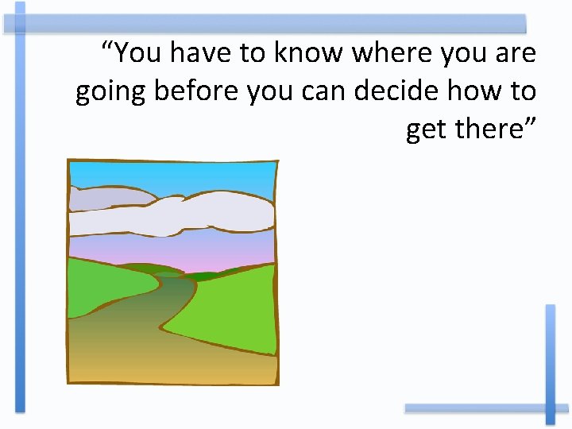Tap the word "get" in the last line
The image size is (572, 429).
(425, 129)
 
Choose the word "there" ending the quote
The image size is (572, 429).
(494, 128)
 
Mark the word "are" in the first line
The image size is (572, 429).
(516, 53)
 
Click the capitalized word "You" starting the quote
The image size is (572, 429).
(134, 53)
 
